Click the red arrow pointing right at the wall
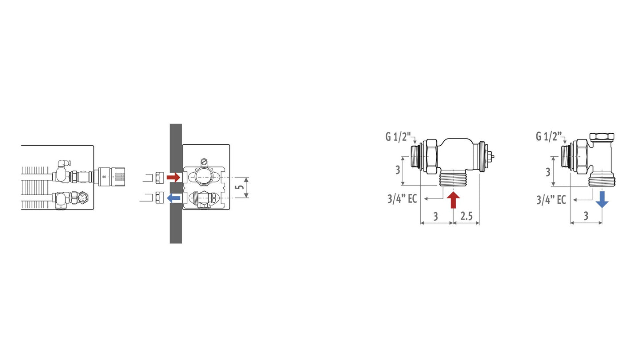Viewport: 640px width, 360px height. click(x=174, y=178)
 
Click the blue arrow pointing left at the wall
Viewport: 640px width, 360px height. click(x=174, y=198)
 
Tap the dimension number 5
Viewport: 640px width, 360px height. click(x=241, y=187)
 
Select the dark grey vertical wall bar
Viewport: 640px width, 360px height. click(x=176, y=183)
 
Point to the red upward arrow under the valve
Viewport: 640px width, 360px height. click(x=453, y=200)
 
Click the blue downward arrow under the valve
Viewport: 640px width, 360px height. click(x=602, y=199)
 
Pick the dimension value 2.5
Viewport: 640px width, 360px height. click(x=466, y=216)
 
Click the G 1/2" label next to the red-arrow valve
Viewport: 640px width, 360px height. click(x=398, y=137)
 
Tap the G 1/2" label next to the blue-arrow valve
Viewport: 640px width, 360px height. click(x=549, y=136)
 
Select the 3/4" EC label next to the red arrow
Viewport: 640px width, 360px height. click(x=402, y=198)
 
